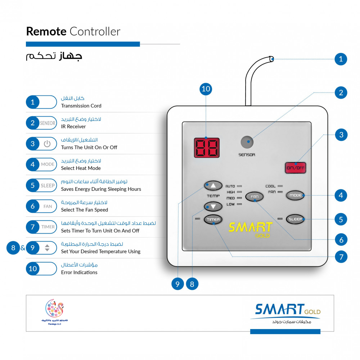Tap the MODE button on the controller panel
(295, 195)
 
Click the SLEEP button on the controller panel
(295, 219)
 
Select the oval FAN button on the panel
(255, 197)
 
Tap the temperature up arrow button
(213, 185)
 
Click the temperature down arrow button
(213, 206)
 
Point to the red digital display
(207, 148)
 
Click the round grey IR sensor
(247, 142)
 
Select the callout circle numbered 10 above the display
(206, 89)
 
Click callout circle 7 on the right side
(341, 257)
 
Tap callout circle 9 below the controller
(177, 284)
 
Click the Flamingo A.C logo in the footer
(55, 312)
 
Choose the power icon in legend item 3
(47, 144)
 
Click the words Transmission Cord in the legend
(81, 106)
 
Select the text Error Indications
(79, 272)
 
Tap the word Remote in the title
(46, 31)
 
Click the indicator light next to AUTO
(239, 186)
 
